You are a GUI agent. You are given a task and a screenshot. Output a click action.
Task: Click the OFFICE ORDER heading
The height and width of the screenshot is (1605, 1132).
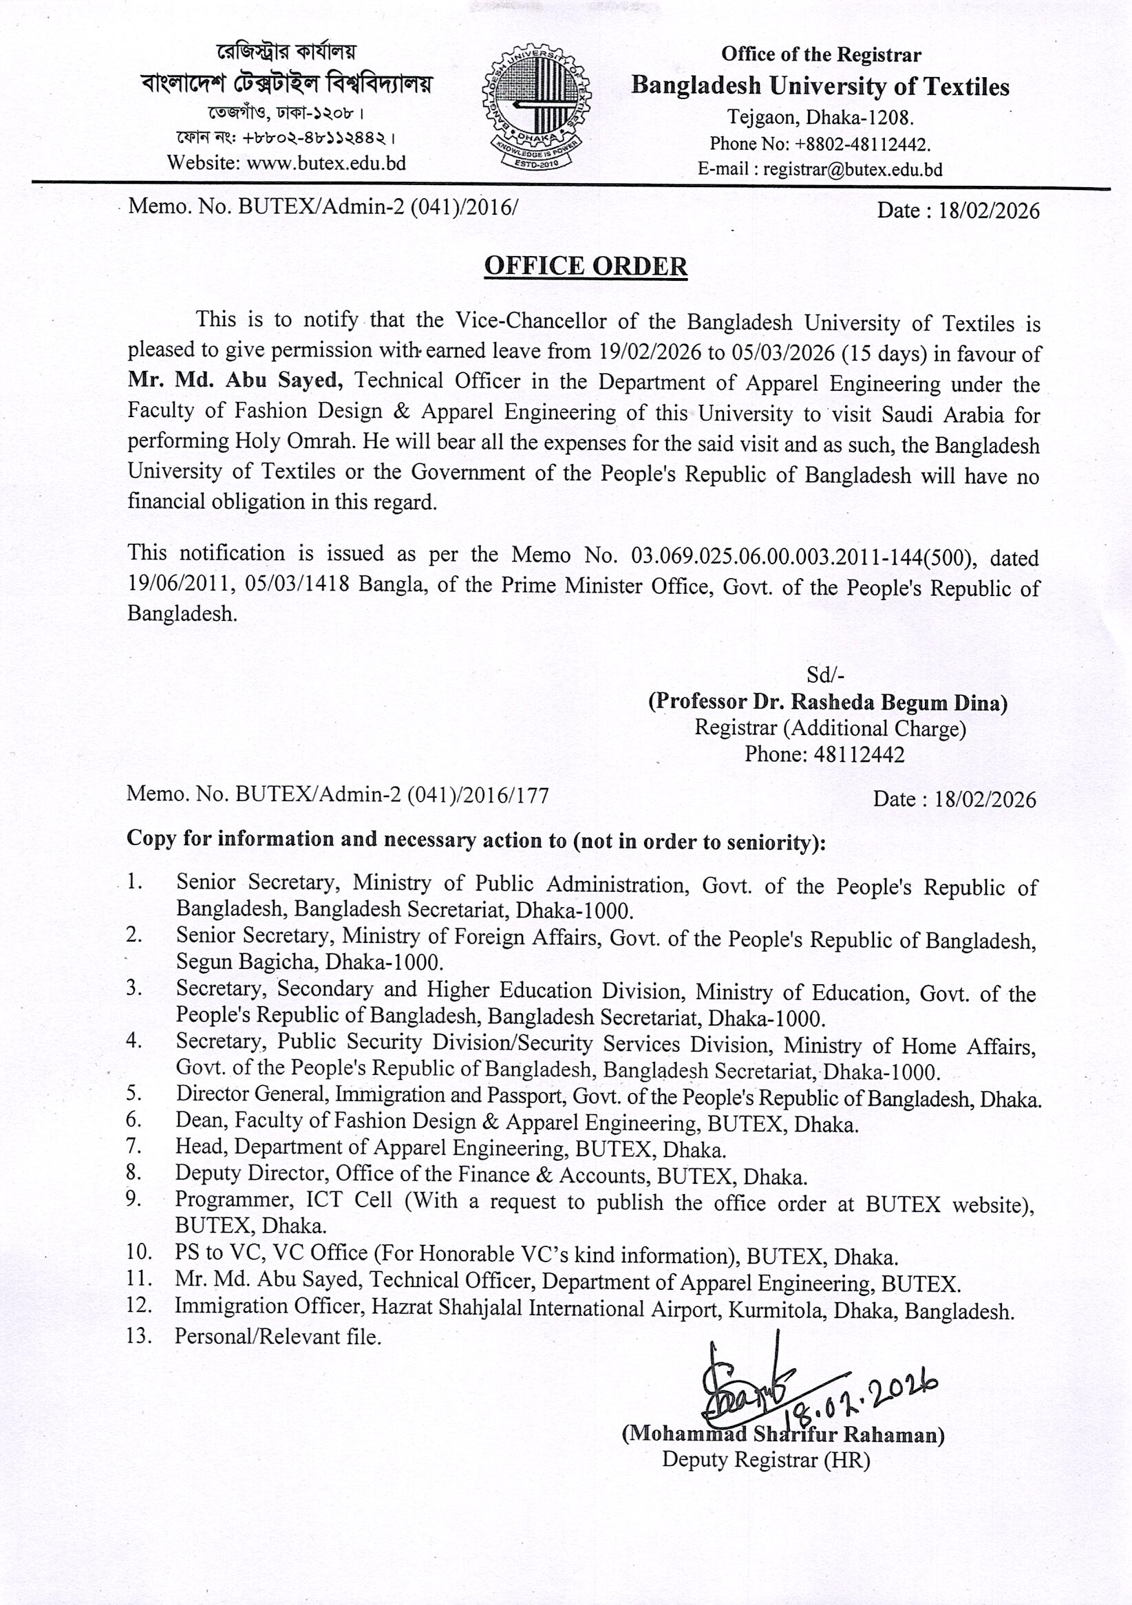[x=586, y=266]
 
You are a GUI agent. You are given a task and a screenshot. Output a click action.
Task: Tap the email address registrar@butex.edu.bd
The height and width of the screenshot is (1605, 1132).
[x=852, y=169]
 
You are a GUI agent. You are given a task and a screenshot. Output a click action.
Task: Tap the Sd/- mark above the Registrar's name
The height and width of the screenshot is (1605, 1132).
[x=825, y=674]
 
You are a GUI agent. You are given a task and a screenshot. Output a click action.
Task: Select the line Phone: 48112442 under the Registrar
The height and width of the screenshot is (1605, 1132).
[x=824, y=754]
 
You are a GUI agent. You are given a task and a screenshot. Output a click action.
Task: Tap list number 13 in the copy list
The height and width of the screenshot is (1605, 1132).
[x=139, y=1336]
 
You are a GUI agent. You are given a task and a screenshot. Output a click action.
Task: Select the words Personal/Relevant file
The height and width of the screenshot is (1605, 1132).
[x=277, y=1337]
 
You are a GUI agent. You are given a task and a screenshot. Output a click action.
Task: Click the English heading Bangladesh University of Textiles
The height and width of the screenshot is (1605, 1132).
[x=820, y=86]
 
